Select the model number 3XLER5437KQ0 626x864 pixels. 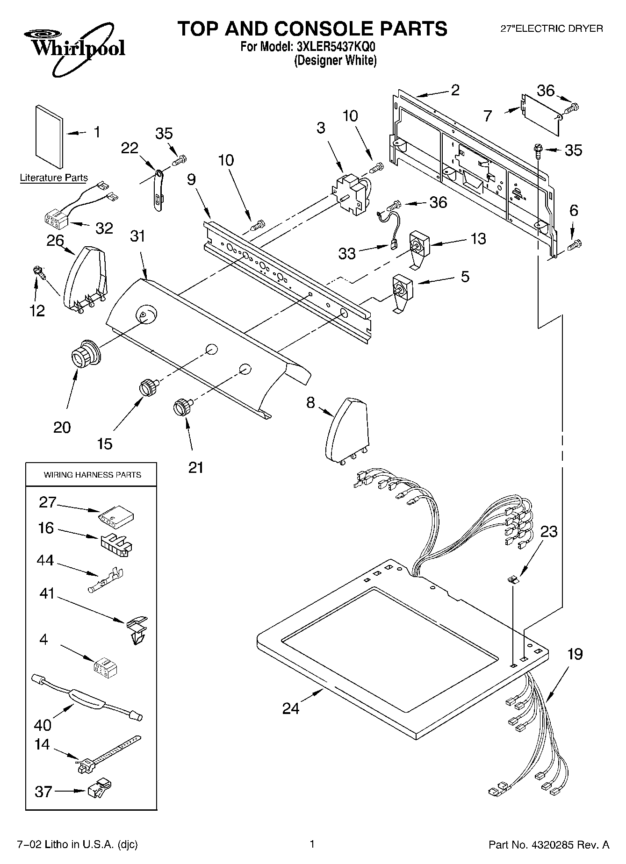click(336, 47)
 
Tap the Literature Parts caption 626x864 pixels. click(54, 178)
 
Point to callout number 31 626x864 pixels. click(138, 236)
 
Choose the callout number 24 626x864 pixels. click(291, 708)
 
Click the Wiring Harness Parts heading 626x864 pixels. click(92, 475)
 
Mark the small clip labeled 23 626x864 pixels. click(513, 579)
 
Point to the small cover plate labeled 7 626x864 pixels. click(541, 114)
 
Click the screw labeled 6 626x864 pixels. click(575, 243)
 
